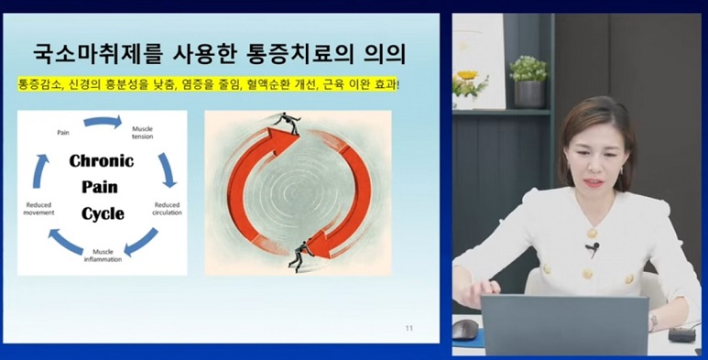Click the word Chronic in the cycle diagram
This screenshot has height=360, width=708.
[102, 161]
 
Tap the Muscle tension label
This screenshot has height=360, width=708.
[143, 132]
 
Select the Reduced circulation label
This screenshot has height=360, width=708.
[167, 209]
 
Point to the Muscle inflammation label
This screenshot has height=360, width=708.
[103, 254]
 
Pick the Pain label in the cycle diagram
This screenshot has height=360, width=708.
[62, 132]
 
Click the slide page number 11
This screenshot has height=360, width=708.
[408, 328]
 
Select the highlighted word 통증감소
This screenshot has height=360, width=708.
[37, 84]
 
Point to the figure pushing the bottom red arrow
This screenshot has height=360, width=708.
[300, 256]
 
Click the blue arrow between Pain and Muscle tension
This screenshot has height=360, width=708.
[103, 121]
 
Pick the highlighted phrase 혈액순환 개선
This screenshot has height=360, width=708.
[279, 84]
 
